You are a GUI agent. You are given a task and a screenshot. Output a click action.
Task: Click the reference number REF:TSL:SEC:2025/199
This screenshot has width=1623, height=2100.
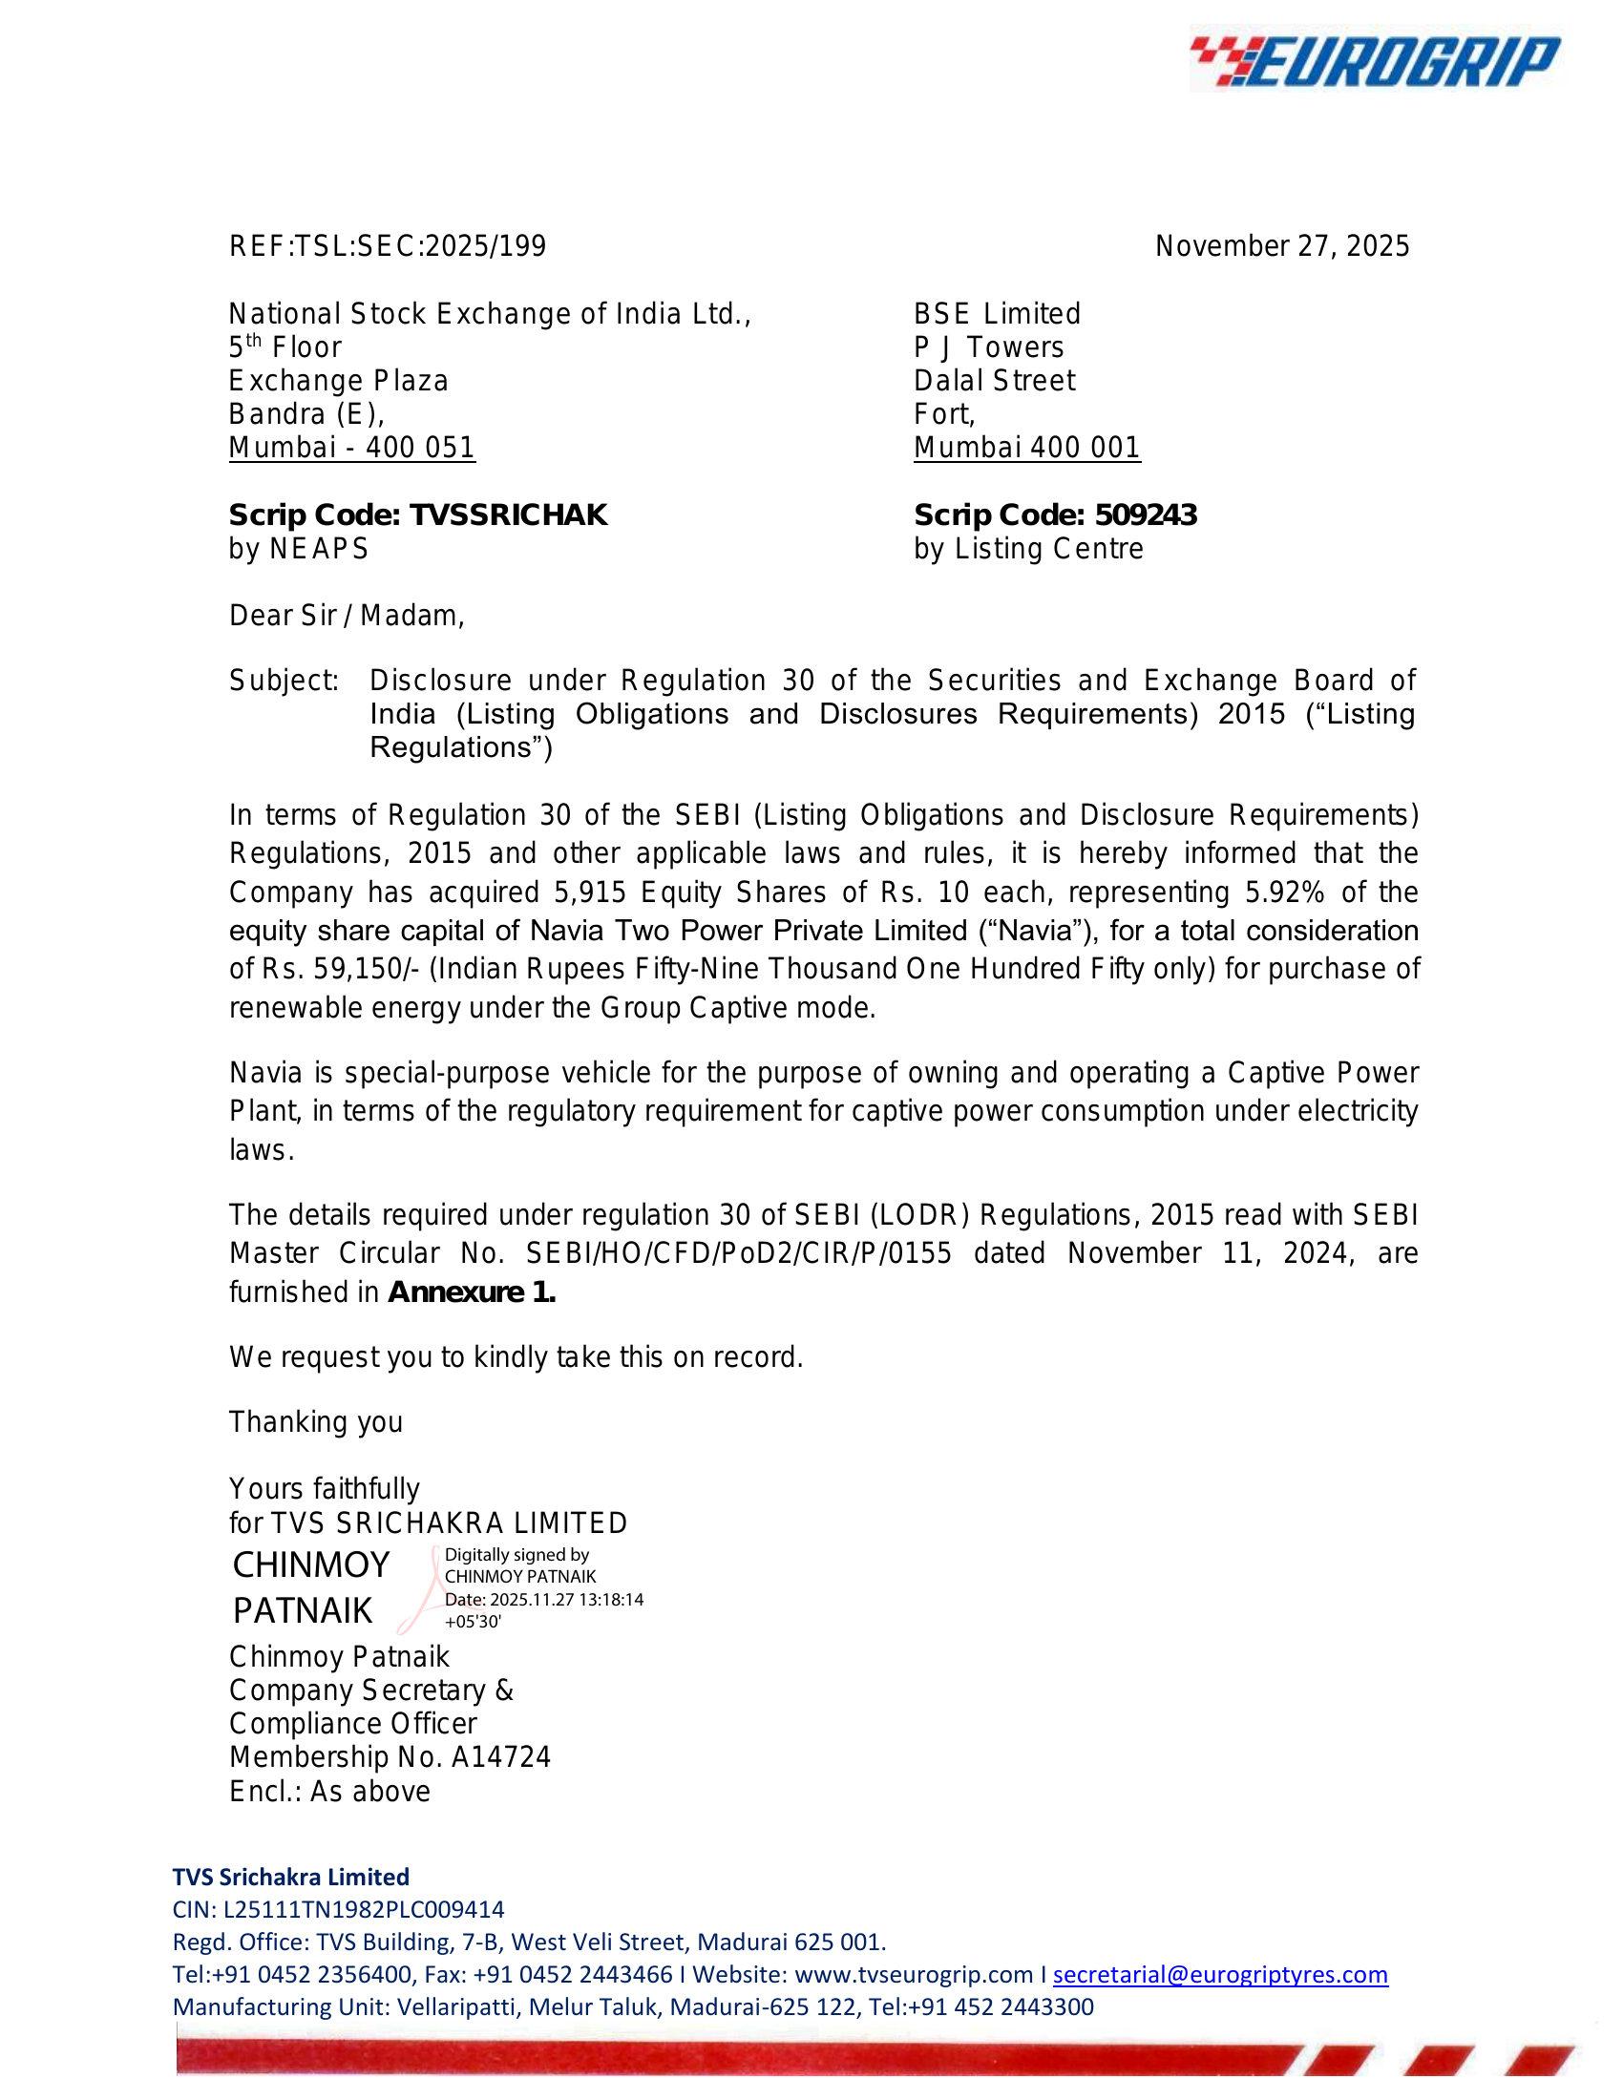[388, 246]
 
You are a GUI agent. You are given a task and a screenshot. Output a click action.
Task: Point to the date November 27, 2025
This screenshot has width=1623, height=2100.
[1281, 246]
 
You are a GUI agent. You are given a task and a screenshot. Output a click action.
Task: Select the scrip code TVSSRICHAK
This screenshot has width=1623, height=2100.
[509, 515]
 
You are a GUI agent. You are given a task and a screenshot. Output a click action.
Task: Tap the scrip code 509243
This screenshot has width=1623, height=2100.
[1146, 515]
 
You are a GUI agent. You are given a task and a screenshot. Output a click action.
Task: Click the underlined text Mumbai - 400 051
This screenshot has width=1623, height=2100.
[352, 448]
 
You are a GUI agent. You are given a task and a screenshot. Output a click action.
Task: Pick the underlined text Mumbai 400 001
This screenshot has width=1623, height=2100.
[1027, 448]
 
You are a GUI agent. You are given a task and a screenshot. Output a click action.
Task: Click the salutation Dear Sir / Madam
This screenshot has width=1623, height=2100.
[347, 616]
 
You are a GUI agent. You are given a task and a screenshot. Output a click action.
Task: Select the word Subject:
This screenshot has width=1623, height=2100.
[284, 681]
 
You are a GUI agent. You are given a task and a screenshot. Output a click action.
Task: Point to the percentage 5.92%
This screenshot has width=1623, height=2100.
[1284, 892]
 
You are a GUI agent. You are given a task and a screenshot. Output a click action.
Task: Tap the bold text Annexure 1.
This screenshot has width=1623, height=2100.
[471, 1292]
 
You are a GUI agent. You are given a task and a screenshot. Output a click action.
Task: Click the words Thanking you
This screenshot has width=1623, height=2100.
[315, 1422]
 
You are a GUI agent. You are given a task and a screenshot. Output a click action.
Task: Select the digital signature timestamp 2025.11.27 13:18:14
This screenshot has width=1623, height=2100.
[566, 1600]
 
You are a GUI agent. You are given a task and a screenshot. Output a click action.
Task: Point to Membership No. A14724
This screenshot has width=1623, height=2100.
[390, 1757]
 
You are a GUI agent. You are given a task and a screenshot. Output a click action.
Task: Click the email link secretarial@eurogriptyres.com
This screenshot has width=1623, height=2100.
[1220, 1975]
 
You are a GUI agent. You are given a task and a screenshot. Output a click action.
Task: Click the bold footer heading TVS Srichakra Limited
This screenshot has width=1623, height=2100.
[290, 1877]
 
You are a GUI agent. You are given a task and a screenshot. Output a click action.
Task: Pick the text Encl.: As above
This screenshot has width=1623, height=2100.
[328, 1792]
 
